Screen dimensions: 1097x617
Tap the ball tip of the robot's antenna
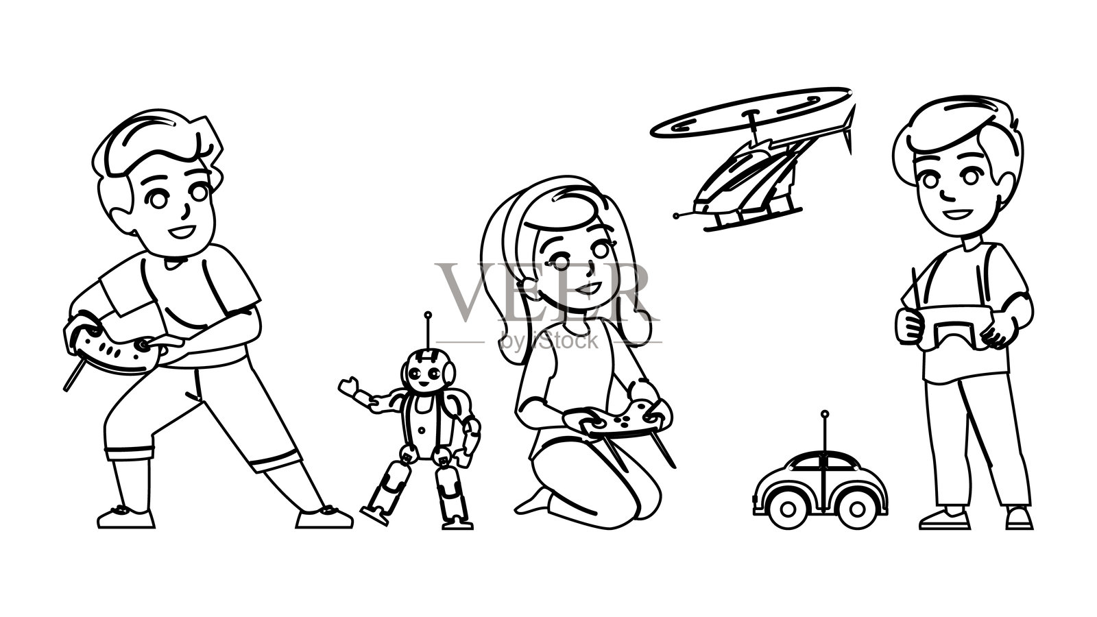coord(428,315)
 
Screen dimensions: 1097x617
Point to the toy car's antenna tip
coord(825,414)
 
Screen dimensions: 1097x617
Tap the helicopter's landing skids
coord(751,220)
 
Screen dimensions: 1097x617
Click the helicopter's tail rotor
coord(849,128)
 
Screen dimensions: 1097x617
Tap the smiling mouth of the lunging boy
coord(182,231)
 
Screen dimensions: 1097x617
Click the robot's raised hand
coord(350,387)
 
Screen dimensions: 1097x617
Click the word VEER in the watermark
coord(548,292)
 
